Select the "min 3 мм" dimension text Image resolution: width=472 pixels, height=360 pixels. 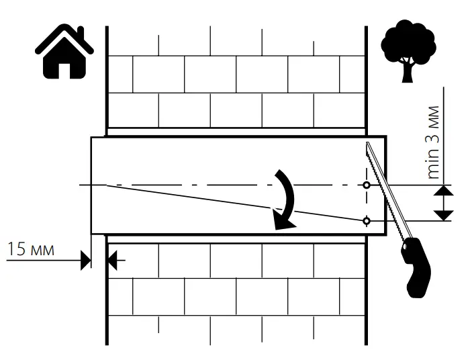pyautogui.click(x=434, y=141)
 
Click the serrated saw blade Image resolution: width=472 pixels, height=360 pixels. pyautogui.click(x=383, y=189)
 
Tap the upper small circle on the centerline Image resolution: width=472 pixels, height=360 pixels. pyautogui.click(x=367, y=185)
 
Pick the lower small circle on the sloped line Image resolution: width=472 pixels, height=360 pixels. pyautogui.click(x=367, y=220)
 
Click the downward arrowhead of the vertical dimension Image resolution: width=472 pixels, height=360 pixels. pyautogui.click(x=442, y=214)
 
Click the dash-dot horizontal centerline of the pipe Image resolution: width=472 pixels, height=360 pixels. pyautogui.click(x=201, y=185)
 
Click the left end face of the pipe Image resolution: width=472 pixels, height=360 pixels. pyautogui.click(x=91, y=185)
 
